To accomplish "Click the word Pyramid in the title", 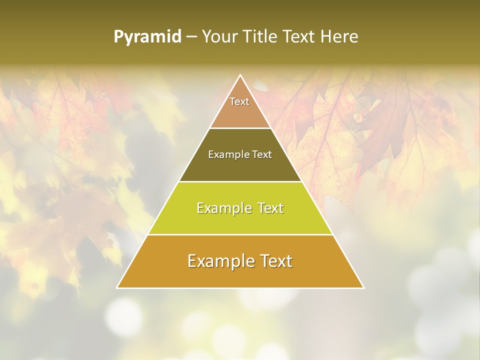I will [x=147, y=37].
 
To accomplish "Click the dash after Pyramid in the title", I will [x=191, y=37].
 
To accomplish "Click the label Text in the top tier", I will [x=239, y=101].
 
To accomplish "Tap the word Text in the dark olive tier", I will [x=262, y=154].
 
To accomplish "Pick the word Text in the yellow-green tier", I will [x=270, y=208].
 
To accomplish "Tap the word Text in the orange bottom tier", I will [x=275, y=261].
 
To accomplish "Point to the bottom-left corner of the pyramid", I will [x=117, y=287].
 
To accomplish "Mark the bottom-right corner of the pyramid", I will [x=363, y=287].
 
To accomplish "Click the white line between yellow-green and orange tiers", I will [x=240, y=234].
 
